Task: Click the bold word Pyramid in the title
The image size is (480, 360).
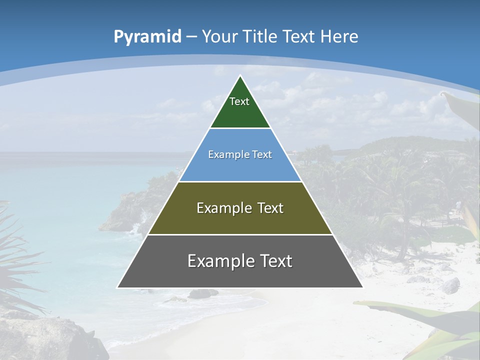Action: coord(147,37)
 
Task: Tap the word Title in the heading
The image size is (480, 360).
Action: coord(260,36)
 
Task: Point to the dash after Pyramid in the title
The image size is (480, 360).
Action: coord(191,37)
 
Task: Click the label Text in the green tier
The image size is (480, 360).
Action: coord(239,101)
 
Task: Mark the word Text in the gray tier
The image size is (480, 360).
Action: coord(276,261)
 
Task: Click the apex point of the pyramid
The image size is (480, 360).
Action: coord(240,76)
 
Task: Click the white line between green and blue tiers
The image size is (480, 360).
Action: coord(240,128)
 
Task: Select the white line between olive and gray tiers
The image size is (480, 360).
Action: coord(240,234)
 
